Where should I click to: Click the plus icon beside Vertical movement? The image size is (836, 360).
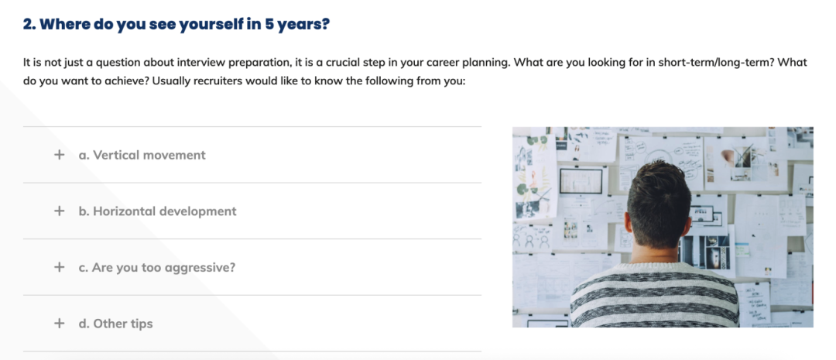(59, 155)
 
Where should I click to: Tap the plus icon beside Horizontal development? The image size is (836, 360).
(59, 211)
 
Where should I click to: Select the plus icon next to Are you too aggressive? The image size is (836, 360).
(59, 267)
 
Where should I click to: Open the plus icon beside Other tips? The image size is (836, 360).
(59, 323)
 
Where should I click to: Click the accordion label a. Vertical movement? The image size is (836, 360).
(142, 155)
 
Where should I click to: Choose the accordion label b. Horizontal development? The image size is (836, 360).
(157, 211)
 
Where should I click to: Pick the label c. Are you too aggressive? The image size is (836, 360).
(156, 268)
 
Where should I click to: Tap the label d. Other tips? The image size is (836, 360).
(115, 324)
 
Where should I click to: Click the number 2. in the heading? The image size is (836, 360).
(29, 25)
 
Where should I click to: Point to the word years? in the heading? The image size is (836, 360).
(304, 26)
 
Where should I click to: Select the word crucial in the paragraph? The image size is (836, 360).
(357, 63)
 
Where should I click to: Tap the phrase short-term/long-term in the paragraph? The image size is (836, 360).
(716, 63)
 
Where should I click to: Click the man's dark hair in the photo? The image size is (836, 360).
(659, 200)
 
